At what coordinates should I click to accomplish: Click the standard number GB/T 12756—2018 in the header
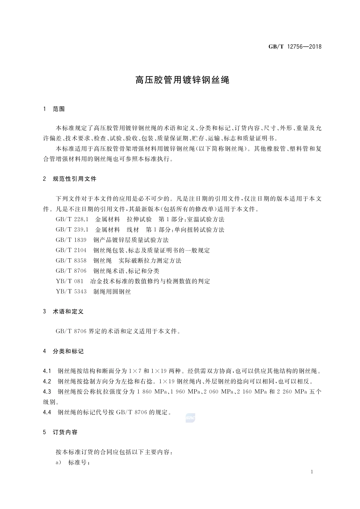tap(295, 47)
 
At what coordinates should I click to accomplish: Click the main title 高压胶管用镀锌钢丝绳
tap(183, 80)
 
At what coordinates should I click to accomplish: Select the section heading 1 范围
tap(54, 109)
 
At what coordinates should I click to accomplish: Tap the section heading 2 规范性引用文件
tap(70, 179)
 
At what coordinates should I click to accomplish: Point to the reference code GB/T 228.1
tap(72, 219)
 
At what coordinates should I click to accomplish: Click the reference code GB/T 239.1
tap(72, 230)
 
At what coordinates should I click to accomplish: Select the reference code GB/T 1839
tap(71, 240)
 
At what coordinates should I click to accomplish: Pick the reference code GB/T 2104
tap(71, 250)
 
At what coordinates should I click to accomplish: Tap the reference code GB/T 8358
tap(71, 261)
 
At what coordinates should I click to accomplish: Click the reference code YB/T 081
tap(69, 281)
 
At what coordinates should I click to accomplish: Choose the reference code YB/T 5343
tap(71, 291)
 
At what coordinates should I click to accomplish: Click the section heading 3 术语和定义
tap(63, 311)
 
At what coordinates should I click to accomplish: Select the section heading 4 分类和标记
tap(63, 351)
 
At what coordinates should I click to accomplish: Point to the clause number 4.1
tap(47, 371)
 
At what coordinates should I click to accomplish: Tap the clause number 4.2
tap(47, 381)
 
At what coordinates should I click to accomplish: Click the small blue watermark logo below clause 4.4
tap(190, 418)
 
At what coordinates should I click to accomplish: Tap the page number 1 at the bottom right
tap(311, 472)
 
